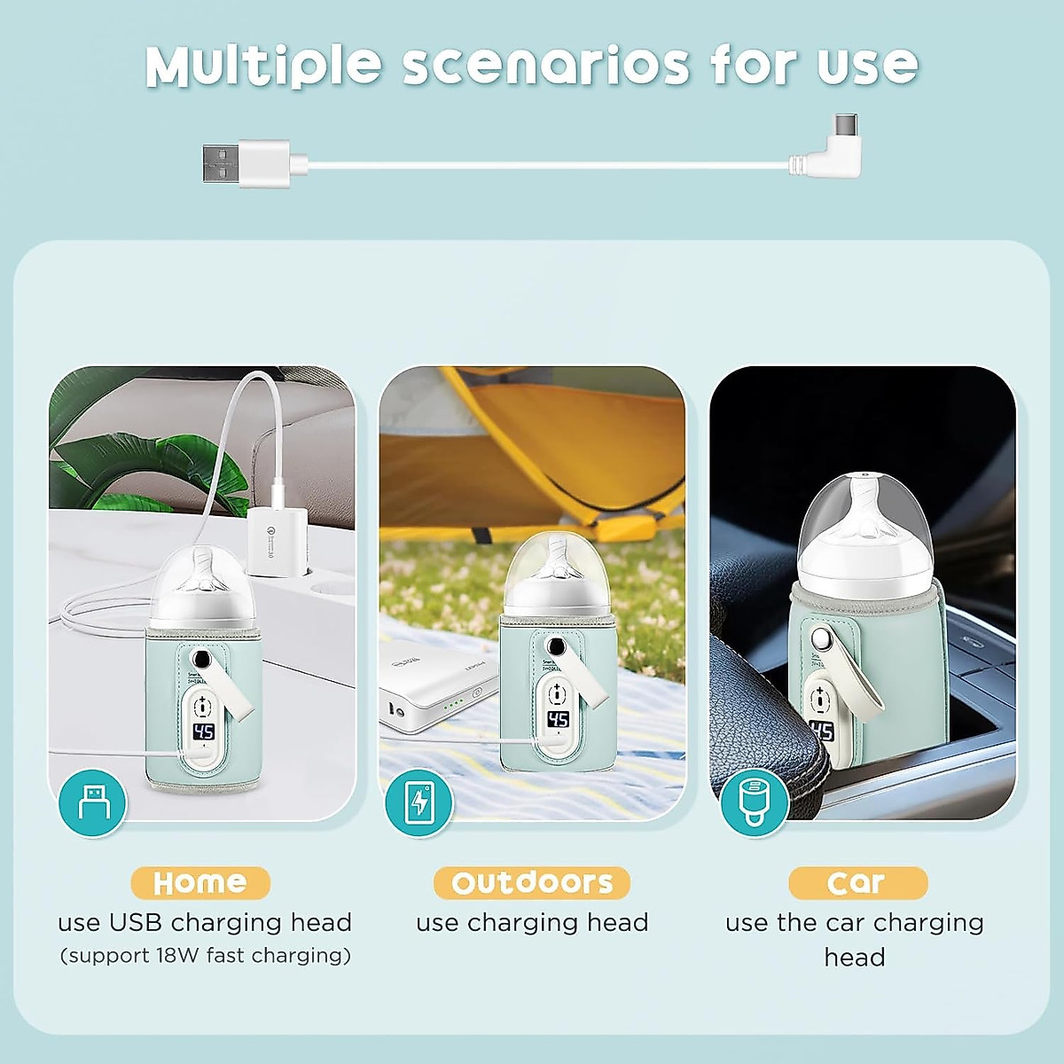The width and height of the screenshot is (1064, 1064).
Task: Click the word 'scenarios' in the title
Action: pyautogui.click(x=545, y=66)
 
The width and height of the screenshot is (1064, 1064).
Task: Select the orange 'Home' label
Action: pyautogui.click(x=200, y=882)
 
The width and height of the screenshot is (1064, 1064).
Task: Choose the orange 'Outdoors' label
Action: pyautogui.click(x=532, y=882)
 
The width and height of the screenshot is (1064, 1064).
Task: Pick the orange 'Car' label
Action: pyautogui.click(x=857, y=882)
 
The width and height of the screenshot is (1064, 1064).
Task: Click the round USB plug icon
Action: pyautogui.click(x=93, y=802)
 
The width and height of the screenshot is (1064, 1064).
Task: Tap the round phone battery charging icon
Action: pyautogui.click(x=419, y=802)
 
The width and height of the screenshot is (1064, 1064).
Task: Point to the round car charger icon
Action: pyautogui.click(x=754, y=802)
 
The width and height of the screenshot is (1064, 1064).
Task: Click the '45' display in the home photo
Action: pyautogui.click(x=204, y=731)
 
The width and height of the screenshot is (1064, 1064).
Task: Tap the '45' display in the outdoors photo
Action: pyautogui.click(x=558, y=719)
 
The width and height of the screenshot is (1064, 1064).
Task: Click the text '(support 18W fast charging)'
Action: pyautogui.click(x=205, y=956)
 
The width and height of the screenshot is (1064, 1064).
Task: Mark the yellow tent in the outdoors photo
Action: pyautogui.click(x=532, y=452)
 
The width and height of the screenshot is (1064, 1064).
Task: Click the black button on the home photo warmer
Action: pyautogui.click(x=203, y=661)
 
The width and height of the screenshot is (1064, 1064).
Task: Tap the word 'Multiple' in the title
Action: pyautogui.click(x=263, y=66)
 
